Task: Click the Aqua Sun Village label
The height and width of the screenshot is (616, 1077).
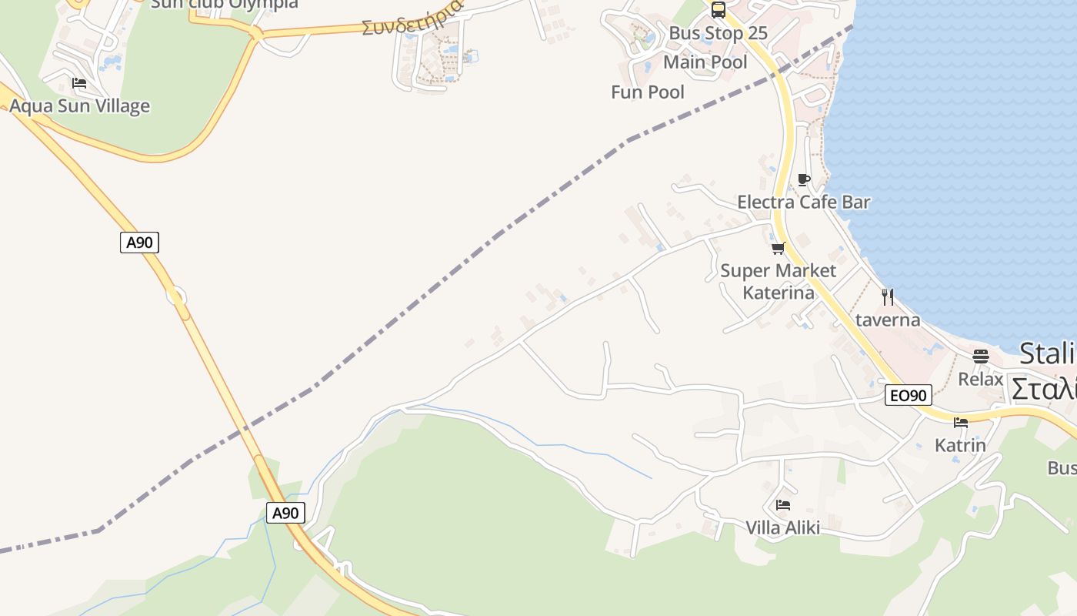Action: [x=79, y=106]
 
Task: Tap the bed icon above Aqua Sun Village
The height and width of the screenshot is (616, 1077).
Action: [x=79, y=83]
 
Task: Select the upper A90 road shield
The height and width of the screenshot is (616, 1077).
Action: [x=139, y=243]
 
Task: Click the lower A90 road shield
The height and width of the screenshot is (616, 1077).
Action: [x=285, y=513]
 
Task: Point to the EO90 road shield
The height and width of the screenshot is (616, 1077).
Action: [x=908, y=396]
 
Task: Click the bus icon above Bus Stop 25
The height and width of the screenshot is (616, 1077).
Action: [x=718, y=10]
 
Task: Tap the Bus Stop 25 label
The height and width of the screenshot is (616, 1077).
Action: [x=718, y=33]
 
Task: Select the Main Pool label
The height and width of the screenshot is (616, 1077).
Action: [x=705, y=62]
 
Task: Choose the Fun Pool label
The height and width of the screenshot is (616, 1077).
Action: [x=647, y=92]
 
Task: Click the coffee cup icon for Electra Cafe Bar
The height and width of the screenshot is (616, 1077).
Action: [x=804, y=179]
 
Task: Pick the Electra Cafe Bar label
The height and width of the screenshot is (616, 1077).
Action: [x=803, y=203]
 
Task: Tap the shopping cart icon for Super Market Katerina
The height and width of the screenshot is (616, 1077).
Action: [x=778, y=248]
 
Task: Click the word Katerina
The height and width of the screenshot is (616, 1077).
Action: [x=778, y=293]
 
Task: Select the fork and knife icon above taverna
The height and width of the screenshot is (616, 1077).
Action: [x=888, y=296]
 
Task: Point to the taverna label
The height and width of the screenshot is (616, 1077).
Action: [x=888, y=320]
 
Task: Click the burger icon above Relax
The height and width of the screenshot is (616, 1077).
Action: [x=980, y=357]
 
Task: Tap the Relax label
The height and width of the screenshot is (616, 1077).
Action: [x=980, y=379]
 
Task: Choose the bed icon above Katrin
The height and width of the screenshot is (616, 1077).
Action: [x=960, y=422]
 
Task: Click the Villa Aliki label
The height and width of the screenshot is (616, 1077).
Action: [x=782, y=527]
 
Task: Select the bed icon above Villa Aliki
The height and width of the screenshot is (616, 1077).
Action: [x=782, y=505]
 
